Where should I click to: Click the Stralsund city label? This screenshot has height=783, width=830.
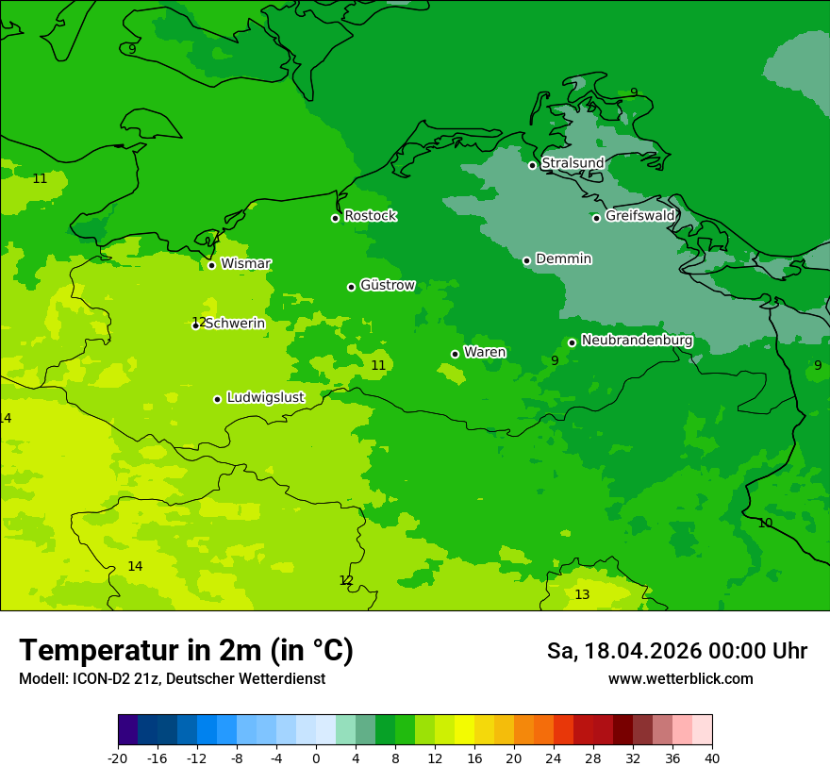573,163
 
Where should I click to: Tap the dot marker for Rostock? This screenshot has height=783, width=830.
335,218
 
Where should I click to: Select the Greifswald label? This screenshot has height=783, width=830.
640,216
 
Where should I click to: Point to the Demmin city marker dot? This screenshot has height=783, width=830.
526,260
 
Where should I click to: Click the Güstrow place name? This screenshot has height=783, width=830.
388,285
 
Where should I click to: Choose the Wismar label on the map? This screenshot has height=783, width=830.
246,263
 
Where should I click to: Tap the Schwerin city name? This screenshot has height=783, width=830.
235,324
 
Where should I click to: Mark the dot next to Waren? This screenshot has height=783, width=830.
455,354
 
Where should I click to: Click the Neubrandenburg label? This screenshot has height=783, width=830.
638,341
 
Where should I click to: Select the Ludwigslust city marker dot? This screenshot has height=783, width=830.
217,399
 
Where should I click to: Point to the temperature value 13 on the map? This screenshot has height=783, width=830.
582,594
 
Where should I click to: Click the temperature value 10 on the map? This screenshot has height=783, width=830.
765,523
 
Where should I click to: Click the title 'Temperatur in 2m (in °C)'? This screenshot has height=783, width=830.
186,650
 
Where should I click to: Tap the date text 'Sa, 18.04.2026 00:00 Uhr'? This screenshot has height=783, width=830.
676,651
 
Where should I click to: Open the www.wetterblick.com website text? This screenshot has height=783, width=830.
680,679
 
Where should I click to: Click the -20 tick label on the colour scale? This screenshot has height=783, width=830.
118,758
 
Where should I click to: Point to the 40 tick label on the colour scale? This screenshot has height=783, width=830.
712,758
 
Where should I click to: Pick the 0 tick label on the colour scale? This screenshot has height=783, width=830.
316,758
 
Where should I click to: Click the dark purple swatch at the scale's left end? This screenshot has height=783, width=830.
128,730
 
